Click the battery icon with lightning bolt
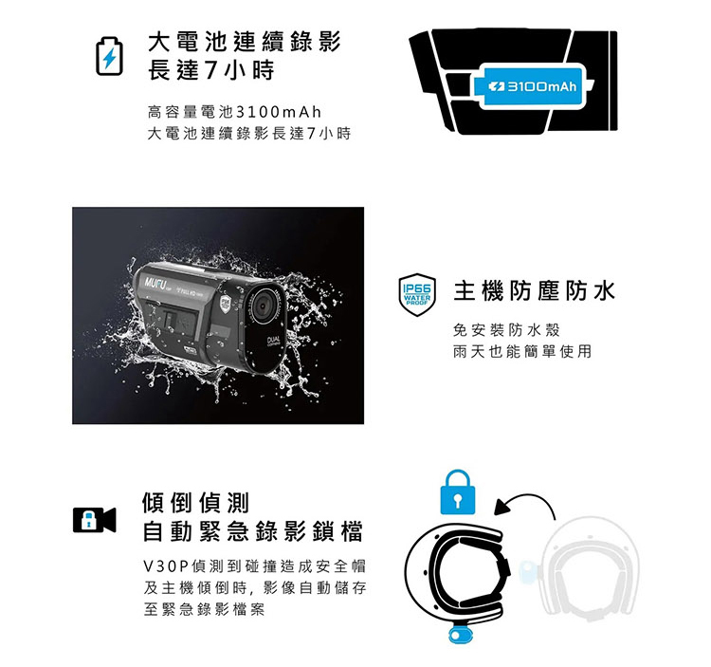109,56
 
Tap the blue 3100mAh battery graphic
533,86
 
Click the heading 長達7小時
210,70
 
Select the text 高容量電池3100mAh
234,112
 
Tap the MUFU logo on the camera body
155,283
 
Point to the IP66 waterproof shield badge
417,295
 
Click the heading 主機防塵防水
534,291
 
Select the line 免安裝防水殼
506,330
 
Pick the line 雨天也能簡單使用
522,351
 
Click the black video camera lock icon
94,520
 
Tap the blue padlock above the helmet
458,492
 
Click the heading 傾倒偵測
196,502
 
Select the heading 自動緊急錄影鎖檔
253,531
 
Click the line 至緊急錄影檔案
204,609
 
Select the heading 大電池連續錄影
245,42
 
